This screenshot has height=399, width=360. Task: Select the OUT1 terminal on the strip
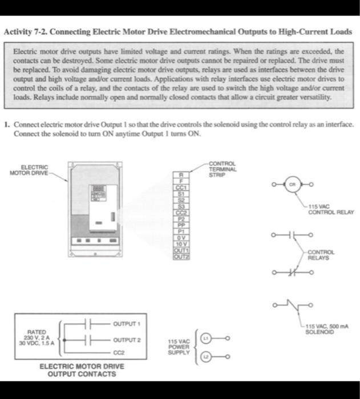pyautogui.click(x=181, y=250)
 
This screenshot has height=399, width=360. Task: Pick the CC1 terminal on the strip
pyautogui.click(x=181, y=188)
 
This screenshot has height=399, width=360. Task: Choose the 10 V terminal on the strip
pyautogui.click(x=181, y=244)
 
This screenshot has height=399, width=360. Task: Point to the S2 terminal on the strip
pyautogui.click(x=181, y=199)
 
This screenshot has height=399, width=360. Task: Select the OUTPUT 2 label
pyautogui.click(x=126, y=340)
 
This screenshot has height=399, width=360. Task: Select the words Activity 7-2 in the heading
pyautogui.click(x=25, y=31)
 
